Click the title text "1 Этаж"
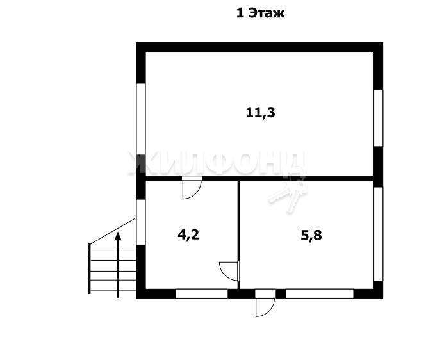point(260,13)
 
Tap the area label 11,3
point(261,113)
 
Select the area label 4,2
point(188,235)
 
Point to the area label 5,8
point(311,236)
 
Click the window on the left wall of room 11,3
point(141,119)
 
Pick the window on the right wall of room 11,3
point(379,118)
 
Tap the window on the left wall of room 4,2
point(141,222)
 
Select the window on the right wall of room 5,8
point(379,234)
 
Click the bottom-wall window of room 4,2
point(202,293)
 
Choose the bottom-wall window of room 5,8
point(320,293)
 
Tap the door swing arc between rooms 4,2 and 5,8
point(225,273)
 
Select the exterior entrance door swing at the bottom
point(270,311)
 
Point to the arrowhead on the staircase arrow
point(118,236)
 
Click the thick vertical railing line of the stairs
point(89,268)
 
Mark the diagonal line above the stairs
point(112,231)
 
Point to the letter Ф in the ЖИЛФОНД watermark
point(219,163)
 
